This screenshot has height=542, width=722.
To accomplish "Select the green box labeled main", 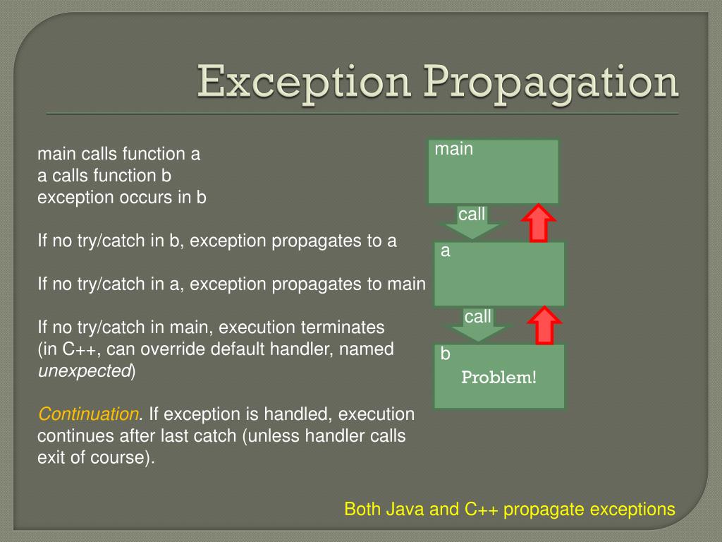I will (494, 171).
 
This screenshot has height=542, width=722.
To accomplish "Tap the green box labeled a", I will (499, 274).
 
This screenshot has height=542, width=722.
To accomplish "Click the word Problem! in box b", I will (498, 378).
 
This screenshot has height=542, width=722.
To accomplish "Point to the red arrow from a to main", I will (539, 223).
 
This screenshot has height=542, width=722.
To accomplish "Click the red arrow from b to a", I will (544, 325).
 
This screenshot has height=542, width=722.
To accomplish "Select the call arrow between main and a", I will (472, 222).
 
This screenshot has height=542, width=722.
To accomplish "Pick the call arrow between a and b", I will (477, 324).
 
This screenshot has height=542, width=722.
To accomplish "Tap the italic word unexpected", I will (84, 371).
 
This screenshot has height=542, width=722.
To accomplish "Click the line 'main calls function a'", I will (119, 154).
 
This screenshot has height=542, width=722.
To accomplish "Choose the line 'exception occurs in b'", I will (121, 197).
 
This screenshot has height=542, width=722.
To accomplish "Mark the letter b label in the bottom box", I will (445, 354).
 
